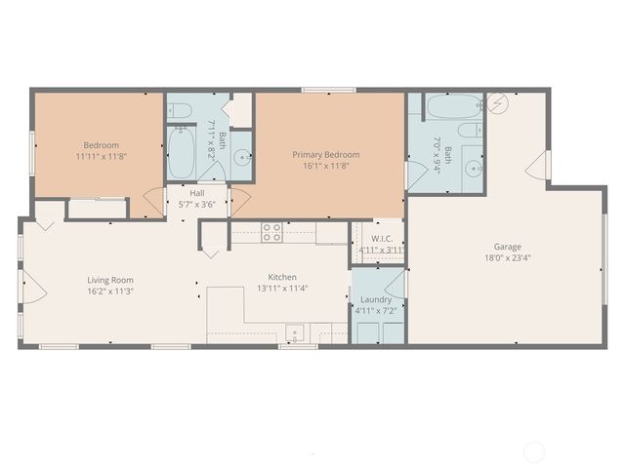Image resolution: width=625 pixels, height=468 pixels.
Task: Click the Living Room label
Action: coord(109,280)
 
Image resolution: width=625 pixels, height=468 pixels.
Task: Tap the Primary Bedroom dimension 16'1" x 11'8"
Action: coord(326,167)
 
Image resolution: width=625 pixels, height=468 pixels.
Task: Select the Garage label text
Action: coord(506,247)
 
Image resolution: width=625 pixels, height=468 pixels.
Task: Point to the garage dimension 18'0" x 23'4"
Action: coord(506,258)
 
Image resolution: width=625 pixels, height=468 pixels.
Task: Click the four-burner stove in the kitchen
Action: coord(271,232)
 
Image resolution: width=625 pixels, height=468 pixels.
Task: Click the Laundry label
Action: coord(376,299)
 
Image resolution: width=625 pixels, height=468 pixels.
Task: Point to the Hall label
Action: coord(197,193)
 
